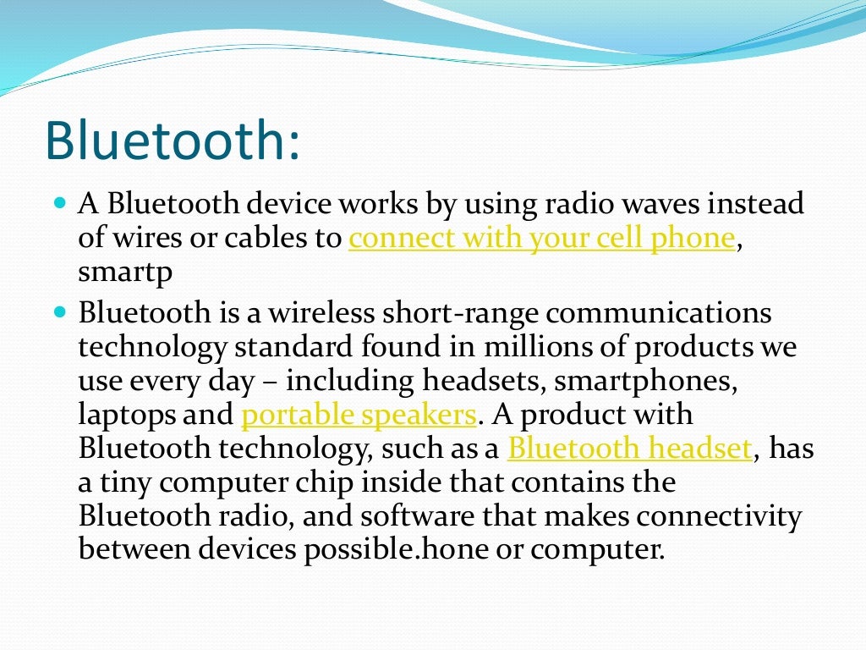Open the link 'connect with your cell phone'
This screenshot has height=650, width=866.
point(541,239)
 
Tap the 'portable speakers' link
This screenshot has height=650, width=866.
point(359,415)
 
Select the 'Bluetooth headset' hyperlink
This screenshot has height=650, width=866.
point(629,448)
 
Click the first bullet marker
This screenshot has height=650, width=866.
point(59,205)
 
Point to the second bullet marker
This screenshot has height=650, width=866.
point(59,313)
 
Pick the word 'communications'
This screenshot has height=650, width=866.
point(659,313)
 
